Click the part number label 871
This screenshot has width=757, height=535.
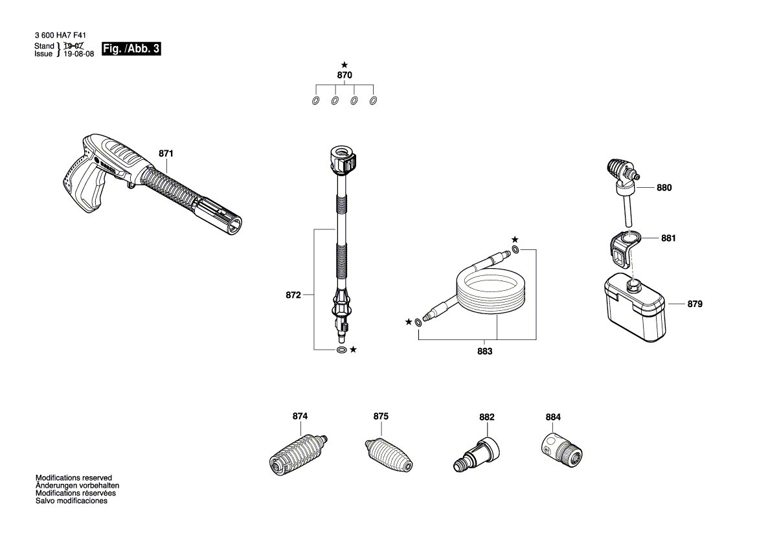166,154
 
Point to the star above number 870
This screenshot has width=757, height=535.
345,65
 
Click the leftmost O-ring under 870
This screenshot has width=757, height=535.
315,101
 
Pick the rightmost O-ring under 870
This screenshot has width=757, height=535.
373,101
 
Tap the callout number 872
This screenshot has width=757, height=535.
293,295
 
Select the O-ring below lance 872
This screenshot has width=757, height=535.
341,350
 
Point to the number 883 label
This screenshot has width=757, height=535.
484,352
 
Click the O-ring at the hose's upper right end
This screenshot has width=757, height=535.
515,250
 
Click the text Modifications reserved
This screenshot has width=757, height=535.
74,477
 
